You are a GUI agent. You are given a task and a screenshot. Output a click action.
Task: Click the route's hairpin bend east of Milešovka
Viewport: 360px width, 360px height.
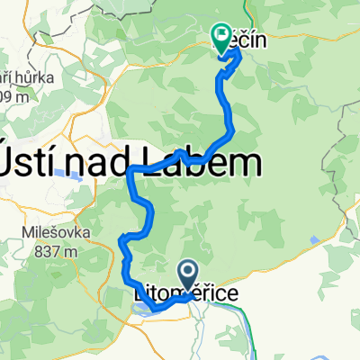tap(121, 239)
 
